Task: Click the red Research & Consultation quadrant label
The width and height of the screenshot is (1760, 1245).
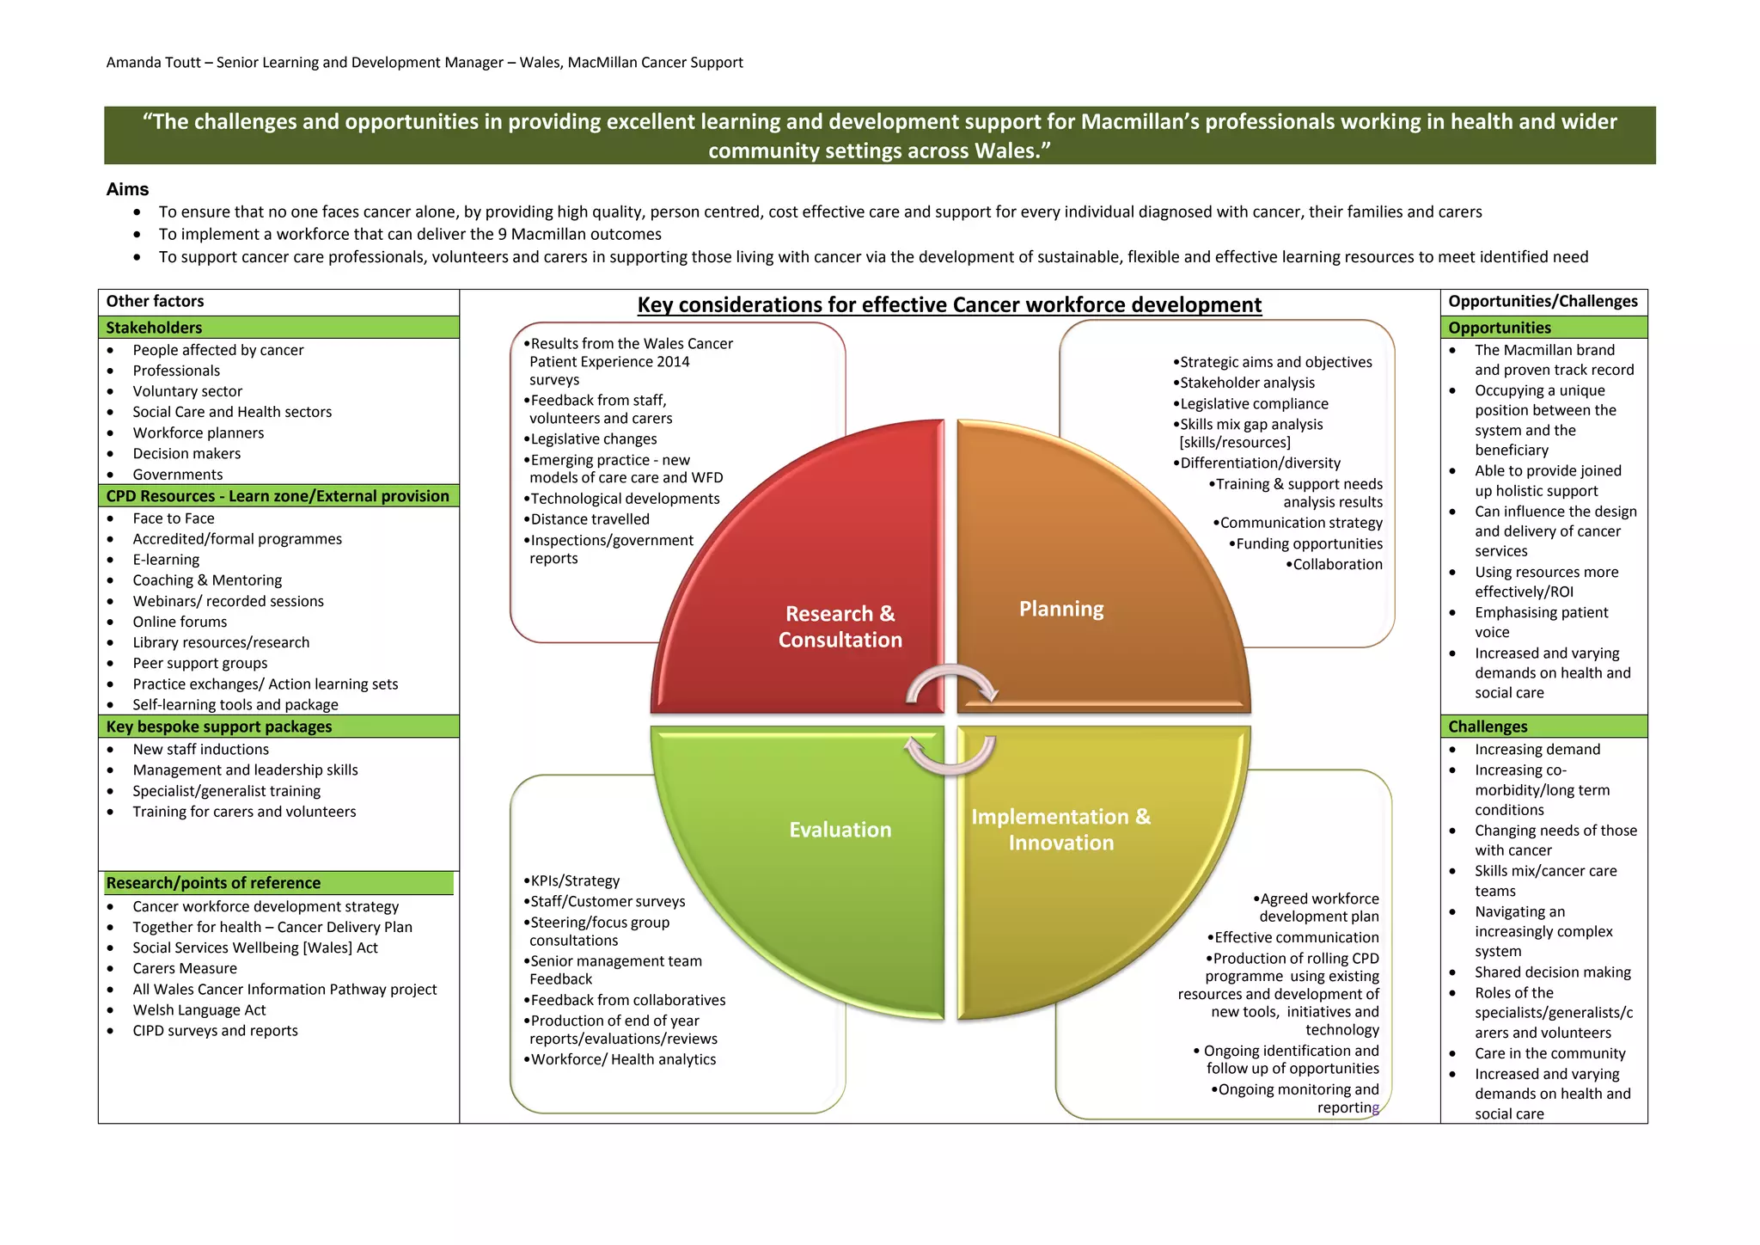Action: (840, 627)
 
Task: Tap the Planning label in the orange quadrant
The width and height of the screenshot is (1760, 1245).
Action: (1061, 609)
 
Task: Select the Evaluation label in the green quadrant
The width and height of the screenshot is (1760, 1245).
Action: (840, 830)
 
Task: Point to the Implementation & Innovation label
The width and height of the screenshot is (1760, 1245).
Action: (1060, 830)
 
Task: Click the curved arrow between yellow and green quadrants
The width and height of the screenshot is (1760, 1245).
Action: (950, 755)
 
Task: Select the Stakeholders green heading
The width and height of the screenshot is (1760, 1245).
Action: (154, 328)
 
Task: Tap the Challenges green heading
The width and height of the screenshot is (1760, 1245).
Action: (1488, 727)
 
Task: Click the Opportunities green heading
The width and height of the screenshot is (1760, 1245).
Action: (1499, 328)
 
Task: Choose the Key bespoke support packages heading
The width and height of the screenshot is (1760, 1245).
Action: (218, 727)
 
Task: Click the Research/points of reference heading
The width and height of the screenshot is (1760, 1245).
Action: (213, 883)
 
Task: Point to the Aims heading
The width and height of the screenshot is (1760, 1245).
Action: (127, 189)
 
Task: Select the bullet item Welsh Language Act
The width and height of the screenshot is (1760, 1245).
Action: (199, 1010)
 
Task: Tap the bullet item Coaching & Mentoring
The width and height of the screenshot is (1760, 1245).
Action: (207, 580)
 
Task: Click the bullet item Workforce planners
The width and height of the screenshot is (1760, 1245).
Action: (198, 432)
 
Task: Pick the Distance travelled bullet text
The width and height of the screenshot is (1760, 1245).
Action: (590, 519)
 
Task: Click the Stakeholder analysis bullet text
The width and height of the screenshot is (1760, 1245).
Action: (1247, 383)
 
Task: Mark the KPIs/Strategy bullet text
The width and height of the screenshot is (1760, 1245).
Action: (575, 880)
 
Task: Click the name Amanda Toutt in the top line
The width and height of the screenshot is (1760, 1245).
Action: (153, 62)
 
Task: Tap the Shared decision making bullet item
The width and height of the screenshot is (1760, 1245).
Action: (1552, 972)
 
